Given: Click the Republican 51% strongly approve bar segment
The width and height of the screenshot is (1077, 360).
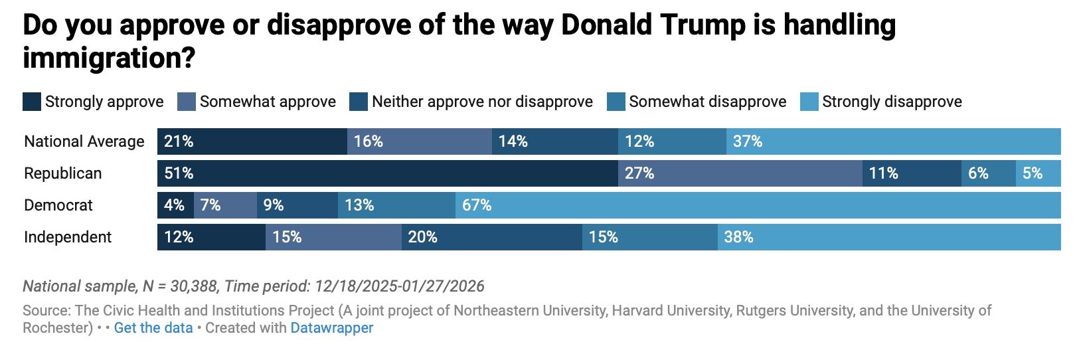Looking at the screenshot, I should point(387,173).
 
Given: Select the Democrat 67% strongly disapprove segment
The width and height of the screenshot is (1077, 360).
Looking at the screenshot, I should point(758,205).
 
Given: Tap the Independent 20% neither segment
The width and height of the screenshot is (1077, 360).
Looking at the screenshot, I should point(491,237).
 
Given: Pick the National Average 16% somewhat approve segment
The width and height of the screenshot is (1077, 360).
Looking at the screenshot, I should point(419,141).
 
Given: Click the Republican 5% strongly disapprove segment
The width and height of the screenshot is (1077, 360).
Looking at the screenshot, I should point(1038,173).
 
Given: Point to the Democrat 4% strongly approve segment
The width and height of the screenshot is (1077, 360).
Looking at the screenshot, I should point(175,205).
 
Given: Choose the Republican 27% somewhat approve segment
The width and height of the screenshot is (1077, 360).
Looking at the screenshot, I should point(740,173).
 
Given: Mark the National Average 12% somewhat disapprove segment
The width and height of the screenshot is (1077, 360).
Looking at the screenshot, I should point(672,141).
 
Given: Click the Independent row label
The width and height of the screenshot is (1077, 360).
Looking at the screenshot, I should point(68,237).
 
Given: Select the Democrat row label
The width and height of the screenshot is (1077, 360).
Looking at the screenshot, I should point(58,205).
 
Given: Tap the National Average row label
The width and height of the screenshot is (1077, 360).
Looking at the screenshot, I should point(84,141).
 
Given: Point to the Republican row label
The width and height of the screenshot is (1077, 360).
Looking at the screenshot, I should point(63,173).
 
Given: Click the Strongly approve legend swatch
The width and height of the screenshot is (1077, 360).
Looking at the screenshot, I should point(32,102).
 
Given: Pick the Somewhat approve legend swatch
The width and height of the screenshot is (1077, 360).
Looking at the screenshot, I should point(187,102).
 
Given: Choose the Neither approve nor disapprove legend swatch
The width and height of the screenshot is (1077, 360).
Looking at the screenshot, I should point(359,102).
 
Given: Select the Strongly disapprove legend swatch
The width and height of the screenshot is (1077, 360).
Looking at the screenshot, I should point(809,102).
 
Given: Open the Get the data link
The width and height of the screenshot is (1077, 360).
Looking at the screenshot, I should point(153,328).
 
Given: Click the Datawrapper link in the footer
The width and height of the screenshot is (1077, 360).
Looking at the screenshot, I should point(332,328).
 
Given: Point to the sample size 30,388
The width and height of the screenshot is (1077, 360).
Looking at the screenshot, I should point(194,286).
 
